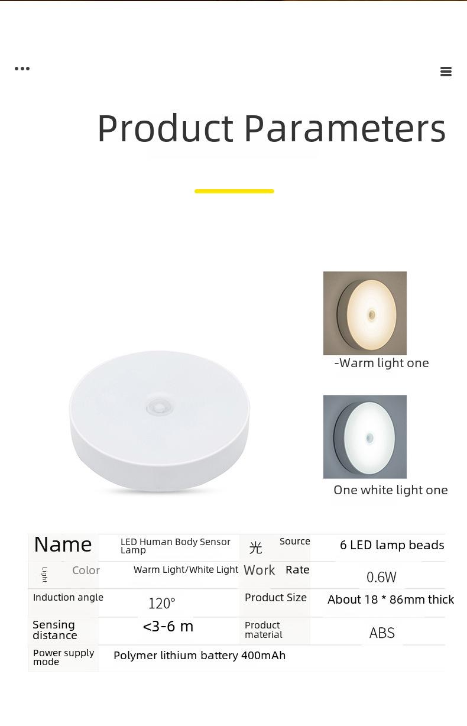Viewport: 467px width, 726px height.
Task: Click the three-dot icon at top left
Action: pyautogui.click(x=22, y=69)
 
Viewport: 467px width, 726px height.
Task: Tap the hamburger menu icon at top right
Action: pyautogui.click(x=446, y=72)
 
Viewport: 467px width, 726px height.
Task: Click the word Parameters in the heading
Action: pyautogui.click(x=345, y=129)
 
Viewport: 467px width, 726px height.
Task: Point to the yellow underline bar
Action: pyautogui.click(x=234, y=191)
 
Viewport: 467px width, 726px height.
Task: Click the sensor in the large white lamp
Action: pyautogui.click(x=160, y=406)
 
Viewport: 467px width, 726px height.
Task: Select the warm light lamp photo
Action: pyautogui.click(x=365, y=313)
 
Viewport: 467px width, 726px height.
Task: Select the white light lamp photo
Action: pyautogui.click(x=365, y=436)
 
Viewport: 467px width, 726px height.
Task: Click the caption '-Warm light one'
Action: pyautogui.click(x=381, y=364)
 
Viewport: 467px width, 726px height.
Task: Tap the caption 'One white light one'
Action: pyautogui.click(x=391, y=490)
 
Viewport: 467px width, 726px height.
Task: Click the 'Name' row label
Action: pyautogui.click(x=63, y=544)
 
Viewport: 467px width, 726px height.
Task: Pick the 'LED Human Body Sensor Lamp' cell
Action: pyautogui.click(x=176, y=546)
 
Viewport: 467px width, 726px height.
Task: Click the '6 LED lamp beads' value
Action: pyautogui.click(x=392, y=545)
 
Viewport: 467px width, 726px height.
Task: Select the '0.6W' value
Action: pyautogui.click(x=381, y=577)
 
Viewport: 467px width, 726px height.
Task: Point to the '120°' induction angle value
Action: pyautogui.click(x=162, y=604)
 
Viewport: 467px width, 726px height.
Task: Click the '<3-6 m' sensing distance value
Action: pyautogui.click(x=168, y=627)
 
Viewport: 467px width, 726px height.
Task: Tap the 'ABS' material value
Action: pyautogui.click(x=382, y=633)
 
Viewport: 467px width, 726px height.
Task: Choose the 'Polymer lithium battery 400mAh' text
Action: pyautogui.click(x=199, y=656)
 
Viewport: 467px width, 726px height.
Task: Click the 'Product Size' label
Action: pyautogui.click(x=275, y=597)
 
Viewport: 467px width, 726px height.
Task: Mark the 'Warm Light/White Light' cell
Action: pyautogui.click(x=186, y=570)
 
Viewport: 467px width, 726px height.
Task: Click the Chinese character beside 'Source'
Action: pyautogui.click(x=256, y=548)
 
